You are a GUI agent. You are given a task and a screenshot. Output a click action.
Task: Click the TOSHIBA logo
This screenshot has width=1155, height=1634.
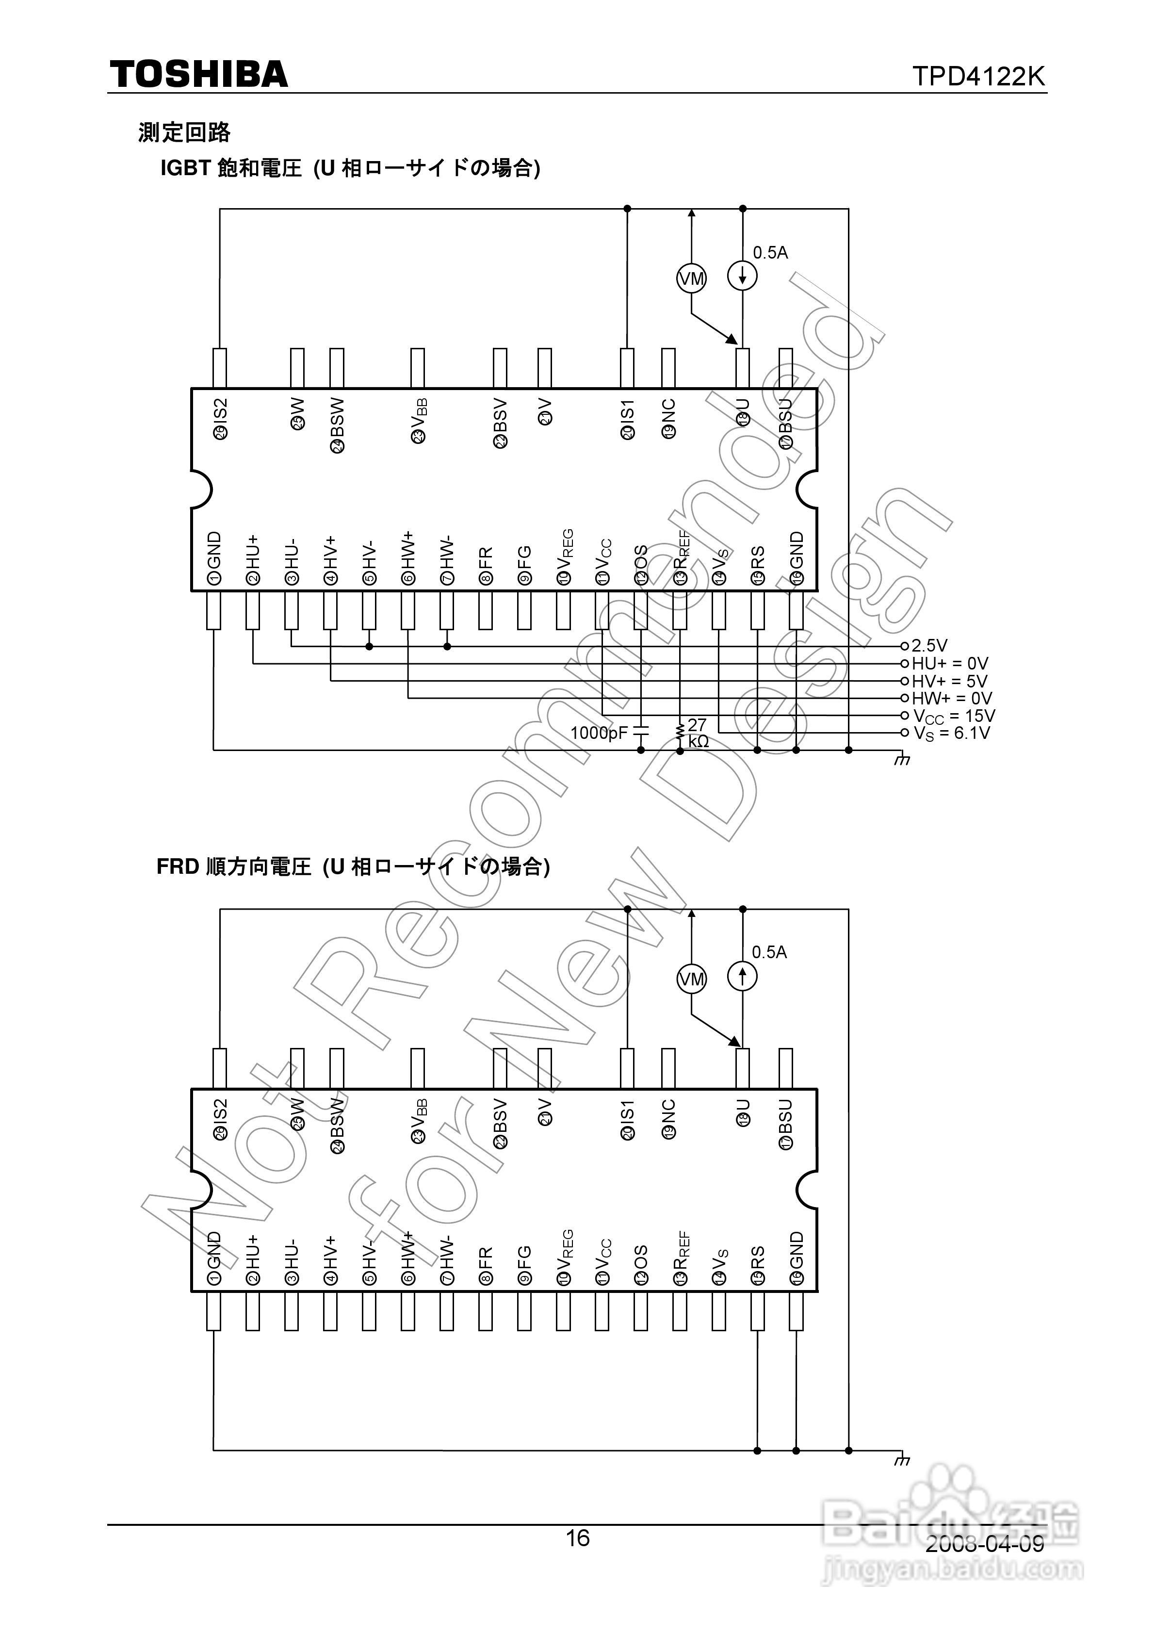[198, 75]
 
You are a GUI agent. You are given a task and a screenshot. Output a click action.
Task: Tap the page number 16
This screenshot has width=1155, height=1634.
[577, 1538]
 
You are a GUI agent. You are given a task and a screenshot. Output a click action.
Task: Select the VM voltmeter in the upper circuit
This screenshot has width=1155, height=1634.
[691, 278]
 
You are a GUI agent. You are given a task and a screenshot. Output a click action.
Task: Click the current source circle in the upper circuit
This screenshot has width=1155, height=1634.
[742, 276]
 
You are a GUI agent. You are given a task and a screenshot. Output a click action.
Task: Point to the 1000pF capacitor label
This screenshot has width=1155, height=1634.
[599, 732]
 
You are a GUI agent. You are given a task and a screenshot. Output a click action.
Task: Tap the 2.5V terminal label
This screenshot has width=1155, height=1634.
[929, 645]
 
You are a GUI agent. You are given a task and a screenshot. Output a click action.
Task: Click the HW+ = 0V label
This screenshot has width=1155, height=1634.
[951, 698]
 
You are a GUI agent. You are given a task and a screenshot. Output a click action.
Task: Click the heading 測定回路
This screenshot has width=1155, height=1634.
[184, 132]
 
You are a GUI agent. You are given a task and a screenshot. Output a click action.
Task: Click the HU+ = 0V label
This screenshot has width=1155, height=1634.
[950, 663]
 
